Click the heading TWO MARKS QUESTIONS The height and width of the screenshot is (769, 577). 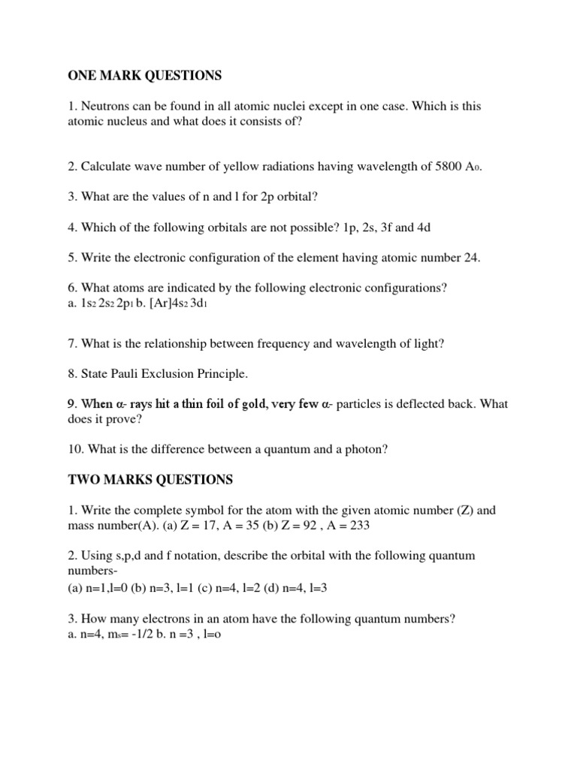click(150, 479)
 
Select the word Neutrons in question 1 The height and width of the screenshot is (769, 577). click(105, 107)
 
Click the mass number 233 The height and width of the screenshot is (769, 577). click(359, 526)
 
